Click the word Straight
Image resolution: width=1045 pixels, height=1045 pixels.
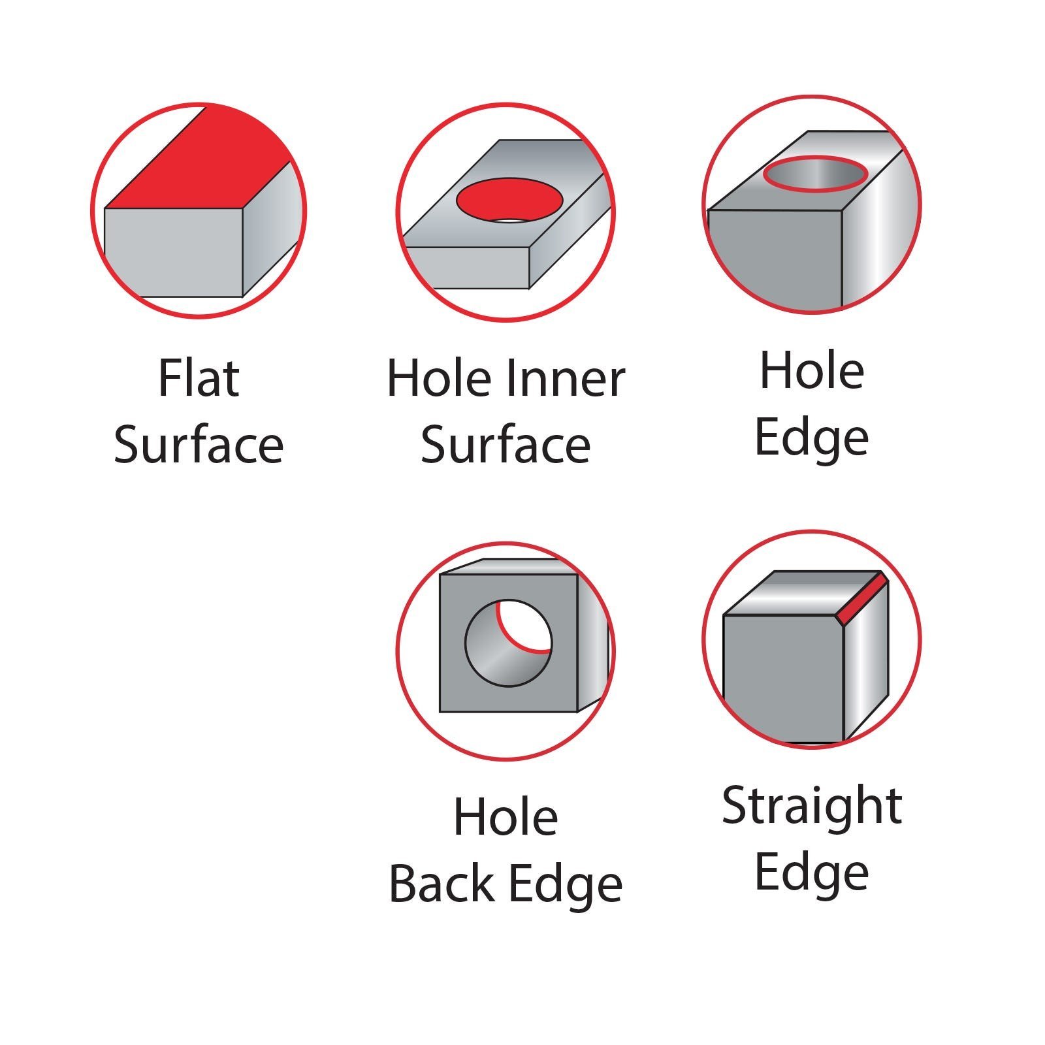[x=812, y=807]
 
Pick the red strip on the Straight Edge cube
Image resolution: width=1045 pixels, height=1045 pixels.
[x=862, y=598]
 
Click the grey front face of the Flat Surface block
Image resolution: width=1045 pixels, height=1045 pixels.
[x=174, y=252]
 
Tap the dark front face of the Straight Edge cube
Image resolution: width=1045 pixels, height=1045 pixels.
[x=782, y=679]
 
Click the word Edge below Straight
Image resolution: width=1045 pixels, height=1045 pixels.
[x=812, y=874]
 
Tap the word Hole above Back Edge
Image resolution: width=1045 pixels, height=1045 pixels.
[x=506, y=816]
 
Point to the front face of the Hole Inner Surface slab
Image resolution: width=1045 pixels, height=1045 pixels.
[x=466, y=267]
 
